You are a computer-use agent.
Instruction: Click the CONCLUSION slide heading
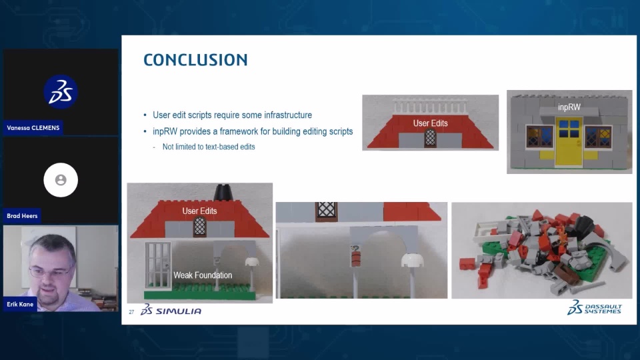pos(195,60)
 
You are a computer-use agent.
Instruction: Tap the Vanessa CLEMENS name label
pos(33,128)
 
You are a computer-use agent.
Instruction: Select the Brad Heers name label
pos(22,216)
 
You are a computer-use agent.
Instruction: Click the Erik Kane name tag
pos(20,304)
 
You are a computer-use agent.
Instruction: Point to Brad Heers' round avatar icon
pos(61,180)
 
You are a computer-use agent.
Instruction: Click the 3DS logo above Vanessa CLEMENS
pos(61,92)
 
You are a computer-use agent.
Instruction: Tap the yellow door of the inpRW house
pos(569,141)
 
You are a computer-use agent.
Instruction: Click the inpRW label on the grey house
pos(569,107)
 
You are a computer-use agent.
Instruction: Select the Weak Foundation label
pos(203,275)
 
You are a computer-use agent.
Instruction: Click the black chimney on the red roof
pos(223,192)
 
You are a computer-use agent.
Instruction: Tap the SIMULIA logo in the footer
pos(171,310)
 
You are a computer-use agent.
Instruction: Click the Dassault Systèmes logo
pos(594,307)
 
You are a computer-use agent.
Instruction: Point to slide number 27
pos(131,312)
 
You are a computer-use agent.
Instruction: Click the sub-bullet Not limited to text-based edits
pos(209,147)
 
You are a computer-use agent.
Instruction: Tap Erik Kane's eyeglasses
pos(50,272)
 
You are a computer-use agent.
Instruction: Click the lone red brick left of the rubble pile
pos(467,263)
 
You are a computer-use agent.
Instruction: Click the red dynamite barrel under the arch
pos(355,259)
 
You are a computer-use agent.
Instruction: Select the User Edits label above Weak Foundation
pos(199,211)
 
